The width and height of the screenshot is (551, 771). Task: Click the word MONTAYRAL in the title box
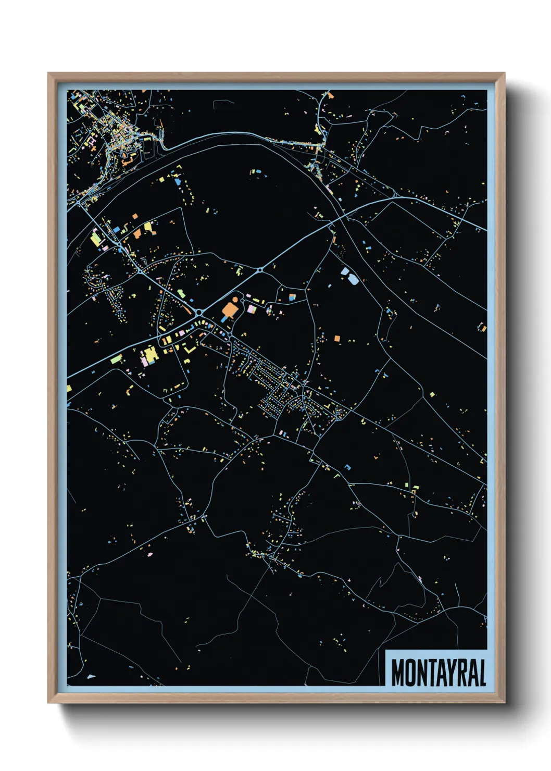pos(439,673)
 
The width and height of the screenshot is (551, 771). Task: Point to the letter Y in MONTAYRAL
pos(448,673)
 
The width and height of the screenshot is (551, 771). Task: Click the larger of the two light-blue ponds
pos(352,279)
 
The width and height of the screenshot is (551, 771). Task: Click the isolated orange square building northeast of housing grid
pos(336,339)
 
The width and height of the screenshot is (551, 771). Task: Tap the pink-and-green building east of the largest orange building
pos(252,309)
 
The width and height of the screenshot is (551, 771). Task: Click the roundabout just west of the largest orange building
pos(199,312)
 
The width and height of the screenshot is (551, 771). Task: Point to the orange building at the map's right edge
pos(482,328)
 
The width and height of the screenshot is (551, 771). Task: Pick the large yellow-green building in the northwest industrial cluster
pos(96,239)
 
